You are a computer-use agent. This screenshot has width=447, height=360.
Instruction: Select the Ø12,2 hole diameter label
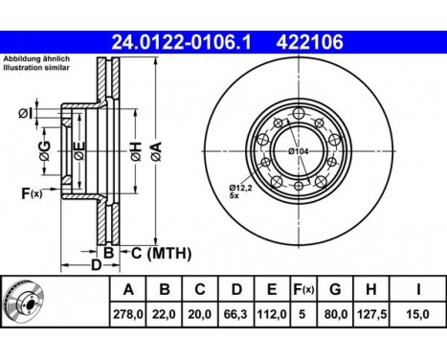click(x=242, y=189)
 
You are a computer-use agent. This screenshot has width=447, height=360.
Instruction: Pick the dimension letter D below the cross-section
click(x=96, y=264)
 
